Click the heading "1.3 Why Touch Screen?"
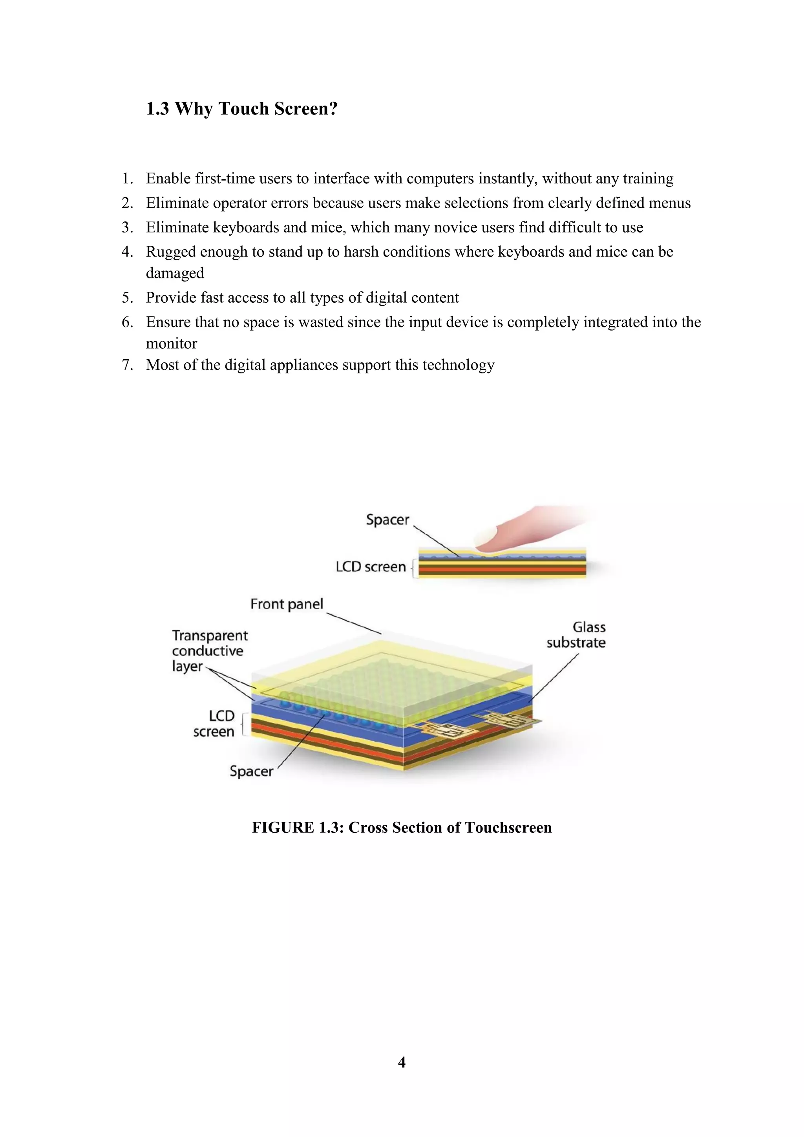point(241,109)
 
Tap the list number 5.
point(127,298)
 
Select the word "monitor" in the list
point(171,344)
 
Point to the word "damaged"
point(175,273)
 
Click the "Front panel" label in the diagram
point(287,604)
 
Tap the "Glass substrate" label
point(577,635)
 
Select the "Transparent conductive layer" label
point(209,651)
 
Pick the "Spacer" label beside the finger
point(387,520)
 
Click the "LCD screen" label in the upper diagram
point(371,567)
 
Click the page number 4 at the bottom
point(402,1062)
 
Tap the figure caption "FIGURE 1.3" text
point(297,828)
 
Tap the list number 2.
point(127,203)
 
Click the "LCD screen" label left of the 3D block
point(214,724)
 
